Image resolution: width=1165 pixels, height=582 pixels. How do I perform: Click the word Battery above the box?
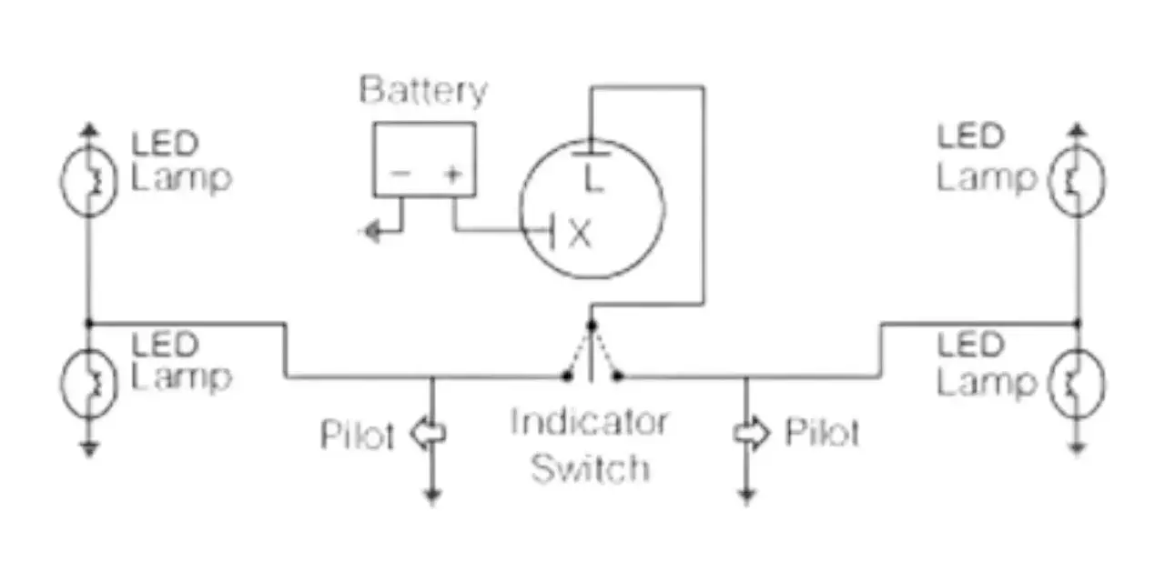point(423,92)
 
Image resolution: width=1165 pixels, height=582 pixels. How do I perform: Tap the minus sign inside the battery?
point(400,173)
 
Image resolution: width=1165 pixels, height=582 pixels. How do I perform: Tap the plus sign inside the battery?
point(452,174)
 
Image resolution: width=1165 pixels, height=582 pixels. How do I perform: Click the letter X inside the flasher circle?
point(580,234)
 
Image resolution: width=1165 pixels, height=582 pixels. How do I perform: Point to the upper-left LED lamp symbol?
point(89,180)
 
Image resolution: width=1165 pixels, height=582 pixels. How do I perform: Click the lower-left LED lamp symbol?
point(89,384)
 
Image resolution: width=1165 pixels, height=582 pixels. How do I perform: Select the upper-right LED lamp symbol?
point(1077,180)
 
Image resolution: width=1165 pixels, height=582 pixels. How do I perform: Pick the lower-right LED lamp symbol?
point(1077,384)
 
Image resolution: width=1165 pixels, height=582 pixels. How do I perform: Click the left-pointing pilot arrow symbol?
point(428,433)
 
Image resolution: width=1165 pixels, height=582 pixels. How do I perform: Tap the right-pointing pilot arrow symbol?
point(751,433)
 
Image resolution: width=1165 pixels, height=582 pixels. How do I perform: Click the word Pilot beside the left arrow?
point(357,435)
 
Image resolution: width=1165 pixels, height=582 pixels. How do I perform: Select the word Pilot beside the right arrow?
point(822,431)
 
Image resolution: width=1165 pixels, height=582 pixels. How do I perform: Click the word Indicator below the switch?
point(589,421)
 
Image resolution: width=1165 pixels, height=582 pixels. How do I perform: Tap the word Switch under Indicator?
point(591,468)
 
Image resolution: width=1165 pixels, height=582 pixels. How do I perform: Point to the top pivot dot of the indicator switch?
point(592,326)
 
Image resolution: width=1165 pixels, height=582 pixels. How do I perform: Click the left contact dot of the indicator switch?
point(567,376)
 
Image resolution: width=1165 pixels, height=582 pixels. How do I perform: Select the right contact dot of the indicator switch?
point(617,376)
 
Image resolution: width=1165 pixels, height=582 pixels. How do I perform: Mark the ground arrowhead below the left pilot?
point(431,497)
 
